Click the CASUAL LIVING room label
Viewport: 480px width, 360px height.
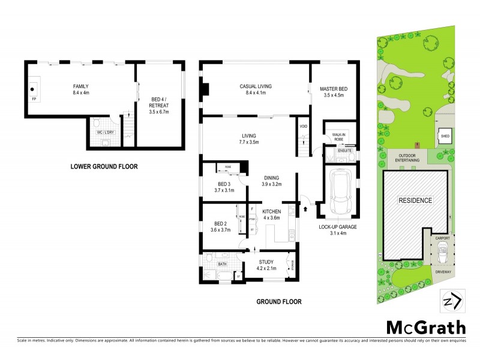click(255, 86)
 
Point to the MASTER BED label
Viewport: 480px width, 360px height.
click(335, 89)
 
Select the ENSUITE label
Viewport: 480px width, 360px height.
click(344, 150)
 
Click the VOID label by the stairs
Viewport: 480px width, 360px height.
click(303, 127)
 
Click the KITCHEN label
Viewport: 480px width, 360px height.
click(272, 211)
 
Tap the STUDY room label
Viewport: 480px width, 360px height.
click(266, 262)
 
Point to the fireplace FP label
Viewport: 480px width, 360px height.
click(34, 98)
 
